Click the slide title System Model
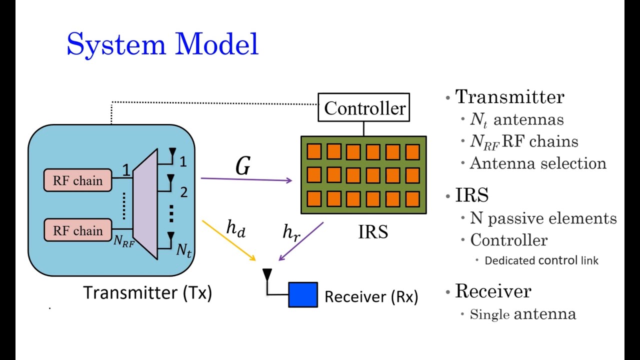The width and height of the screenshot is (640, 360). (x=162, y=44)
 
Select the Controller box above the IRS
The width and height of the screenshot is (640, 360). (x=364, y=107)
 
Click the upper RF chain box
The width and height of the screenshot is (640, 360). (x=77, y=181)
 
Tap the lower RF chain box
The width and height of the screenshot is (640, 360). (x=77, y=230)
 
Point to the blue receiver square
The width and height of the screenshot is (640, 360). (x=303, y=294)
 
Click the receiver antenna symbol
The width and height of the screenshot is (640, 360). (x=267, y=276)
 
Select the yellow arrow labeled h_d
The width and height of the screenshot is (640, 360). (x=229, y=240)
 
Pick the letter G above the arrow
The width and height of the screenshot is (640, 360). (x=243, y=166)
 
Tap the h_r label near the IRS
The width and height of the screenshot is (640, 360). (x=291, y=232)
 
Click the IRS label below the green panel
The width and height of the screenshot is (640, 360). (x=373, y=231)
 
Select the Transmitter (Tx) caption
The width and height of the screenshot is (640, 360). (x=147, y=292)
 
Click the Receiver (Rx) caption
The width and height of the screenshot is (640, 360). (x=371, y=297)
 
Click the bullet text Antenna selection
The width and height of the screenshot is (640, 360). (x=538, y=163)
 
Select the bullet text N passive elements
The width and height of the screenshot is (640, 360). (x=543, y=218)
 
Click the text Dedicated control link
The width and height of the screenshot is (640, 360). (x=541, y=260)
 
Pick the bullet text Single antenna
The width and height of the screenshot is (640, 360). (x=523, y=314)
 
